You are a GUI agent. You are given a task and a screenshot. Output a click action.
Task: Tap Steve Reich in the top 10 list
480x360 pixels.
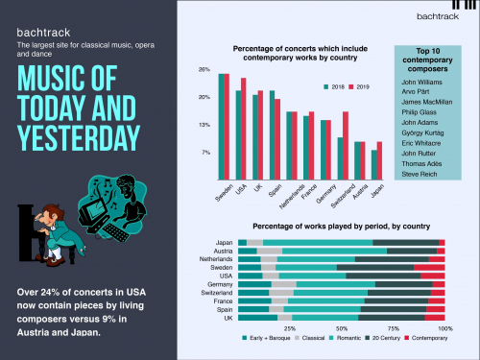420,173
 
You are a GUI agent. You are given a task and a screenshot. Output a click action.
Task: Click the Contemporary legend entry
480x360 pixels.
422,340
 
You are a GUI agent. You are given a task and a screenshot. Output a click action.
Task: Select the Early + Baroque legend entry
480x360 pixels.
269,340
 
